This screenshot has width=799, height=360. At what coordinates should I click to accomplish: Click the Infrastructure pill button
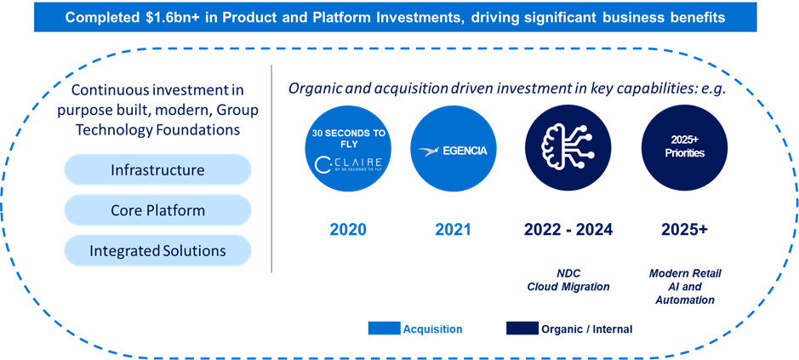pos(157,170)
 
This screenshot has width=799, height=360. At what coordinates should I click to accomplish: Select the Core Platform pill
pos(157,210)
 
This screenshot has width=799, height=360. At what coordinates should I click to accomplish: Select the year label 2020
pos(347,229)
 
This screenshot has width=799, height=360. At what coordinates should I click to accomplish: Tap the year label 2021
pos(453,229)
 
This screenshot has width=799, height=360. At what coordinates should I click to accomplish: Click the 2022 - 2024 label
pos(568,229)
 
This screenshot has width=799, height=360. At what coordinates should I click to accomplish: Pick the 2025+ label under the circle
pos(684,229)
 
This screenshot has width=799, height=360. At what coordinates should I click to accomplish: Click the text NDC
pos(568,273)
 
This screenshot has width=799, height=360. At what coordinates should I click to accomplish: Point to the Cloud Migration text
pos(568,287)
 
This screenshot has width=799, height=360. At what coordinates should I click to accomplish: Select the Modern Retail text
pos(685,273)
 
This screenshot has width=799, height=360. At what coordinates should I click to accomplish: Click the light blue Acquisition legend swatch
pos(383,329)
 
